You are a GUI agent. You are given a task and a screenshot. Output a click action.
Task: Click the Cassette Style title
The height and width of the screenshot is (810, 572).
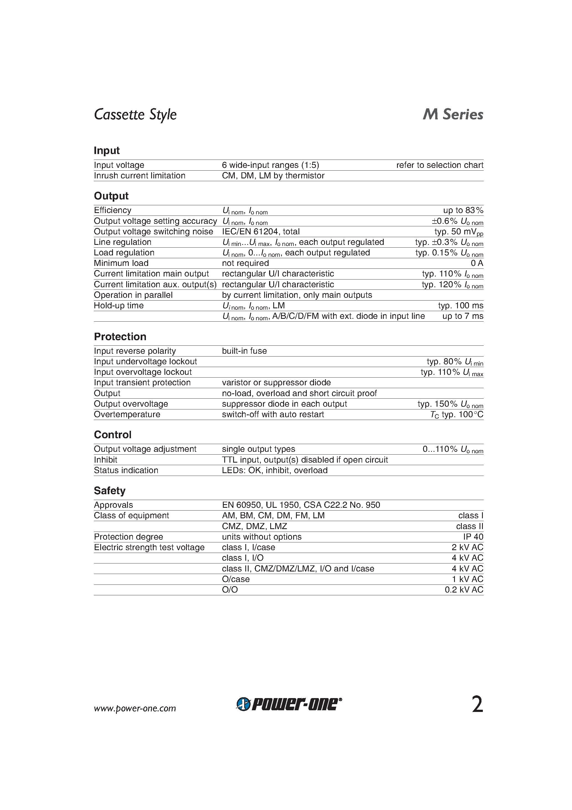click(135, 115)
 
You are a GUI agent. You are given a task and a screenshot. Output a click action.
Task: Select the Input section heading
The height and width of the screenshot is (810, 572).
click(107, 151)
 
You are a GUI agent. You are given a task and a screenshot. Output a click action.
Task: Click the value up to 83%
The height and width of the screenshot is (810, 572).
click(463, 210)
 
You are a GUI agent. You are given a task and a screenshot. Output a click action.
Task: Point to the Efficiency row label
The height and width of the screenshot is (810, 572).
click(112, 210)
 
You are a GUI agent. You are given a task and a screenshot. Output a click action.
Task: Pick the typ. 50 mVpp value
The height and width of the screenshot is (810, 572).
click(458, 232)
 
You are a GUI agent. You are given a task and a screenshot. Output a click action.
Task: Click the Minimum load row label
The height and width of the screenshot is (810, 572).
click(121, 263)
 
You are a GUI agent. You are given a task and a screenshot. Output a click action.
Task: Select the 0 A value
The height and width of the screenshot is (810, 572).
click(477, 263)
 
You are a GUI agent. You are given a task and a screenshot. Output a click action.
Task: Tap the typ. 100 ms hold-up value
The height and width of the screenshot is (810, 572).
click(460, 306)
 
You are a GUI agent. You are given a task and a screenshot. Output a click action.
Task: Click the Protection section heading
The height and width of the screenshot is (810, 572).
click(120, 337)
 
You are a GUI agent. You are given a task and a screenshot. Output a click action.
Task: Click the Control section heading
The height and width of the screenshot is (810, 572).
click(112, 435)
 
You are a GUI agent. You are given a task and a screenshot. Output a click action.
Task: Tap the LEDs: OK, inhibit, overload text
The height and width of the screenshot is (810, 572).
click(275, 470)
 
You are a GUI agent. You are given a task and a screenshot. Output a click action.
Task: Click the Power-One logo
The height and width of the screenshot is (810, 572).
click(289, 704)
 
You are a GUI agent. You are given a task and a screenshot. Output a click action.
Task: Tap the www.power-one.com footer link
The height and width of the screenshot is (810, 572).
click(135, 708)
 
